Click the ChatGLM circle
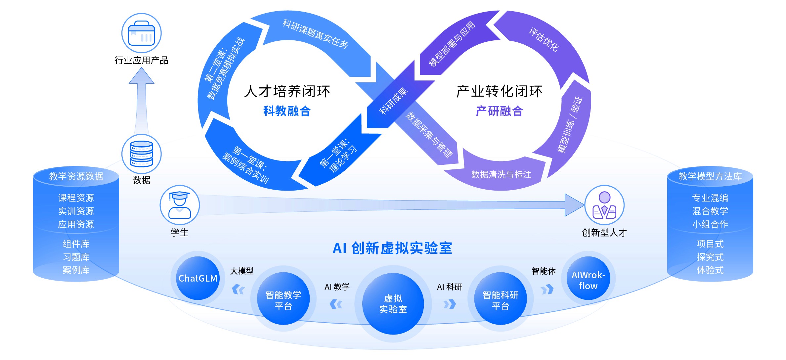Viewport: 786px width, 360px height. tap(198, 278)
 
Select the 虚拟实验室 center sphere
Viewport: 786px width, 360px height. tap(393, 304)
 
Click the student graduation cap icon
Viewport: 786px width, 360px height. tap(180, 205)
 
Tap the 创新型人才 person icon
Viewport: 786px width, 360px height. tap(604, 205)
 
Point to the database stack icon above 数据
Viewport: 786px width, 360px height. tap(142, 154)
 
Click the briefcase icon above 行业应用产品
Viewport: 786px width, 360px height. tap(142, 33)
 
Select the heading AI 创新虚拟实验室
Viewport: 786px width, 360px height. tap(392, 248)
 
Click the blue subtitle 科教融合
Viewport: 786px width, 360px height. tap(287, 111)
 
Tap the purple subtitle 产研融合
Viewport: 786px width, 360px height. tap(499, 111)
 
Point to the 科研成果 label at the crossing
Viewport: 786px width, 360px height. tap(393, 101)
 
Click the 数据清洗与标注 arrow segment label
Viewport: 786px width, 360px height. tap(501, 174)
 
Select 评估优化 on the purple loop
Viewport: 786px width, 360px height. tap(544, 40)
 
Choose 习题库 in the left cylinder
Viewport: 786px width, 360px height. tap(76, 257)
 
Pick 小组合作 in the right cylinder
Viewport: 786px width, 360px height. tap(710, 224)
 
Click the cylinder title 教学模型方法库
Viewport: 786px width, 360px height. tap(710, 176)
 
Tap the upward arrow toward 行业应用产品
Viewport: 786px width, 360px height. tap(142, 99)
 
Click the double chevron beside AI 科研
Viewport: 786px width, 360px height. tap(450, 304)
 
